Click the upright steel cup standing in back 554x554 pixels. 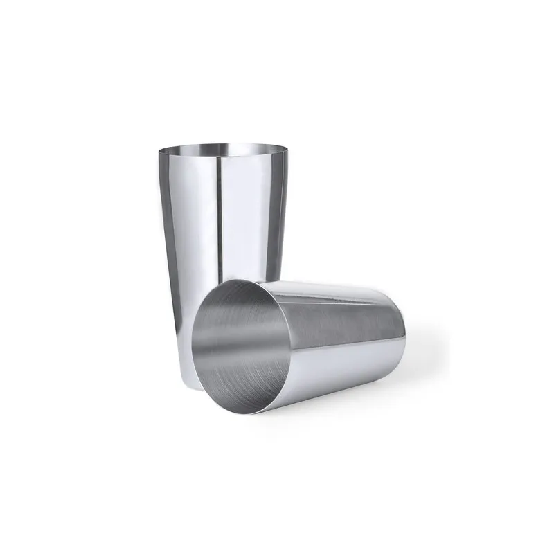[222, 208]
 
